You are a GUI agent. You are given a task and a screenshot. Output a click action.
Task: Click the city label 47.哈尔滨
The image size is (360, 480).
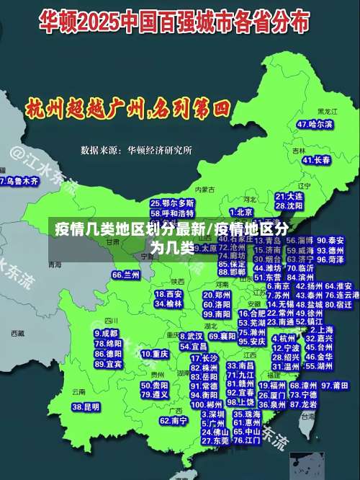[x=315, y=125]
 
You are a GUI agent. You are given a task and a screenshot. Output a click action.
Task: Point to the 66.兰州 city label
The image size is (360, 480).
[x=126, y=275]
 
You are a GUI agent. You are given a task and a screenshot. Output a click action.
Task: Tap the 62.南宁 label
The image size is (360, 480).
[x=174, y=420]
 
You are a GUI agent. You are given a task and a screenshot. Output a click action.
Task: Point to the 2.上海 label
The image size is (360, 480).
[x=320, y=329]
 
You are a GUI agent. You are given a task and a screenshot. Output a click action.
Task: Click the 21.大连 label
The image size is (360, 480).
[x=289, y=196]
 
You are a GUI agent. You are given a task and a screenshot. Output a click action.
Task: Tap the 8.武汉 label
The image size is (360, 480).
[x=190, y=336]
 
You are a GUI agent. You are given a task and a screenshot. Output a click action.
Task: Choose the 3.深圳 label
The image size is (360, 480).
[x=213, y=414]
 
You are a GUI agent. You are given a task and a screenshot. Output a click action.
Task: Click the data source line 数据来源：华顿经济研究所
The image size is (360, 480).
[x=136, y=150]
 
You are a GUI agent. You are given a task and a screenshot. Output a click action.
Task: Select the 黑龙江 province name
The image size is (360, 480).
[x=327, y=112]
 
